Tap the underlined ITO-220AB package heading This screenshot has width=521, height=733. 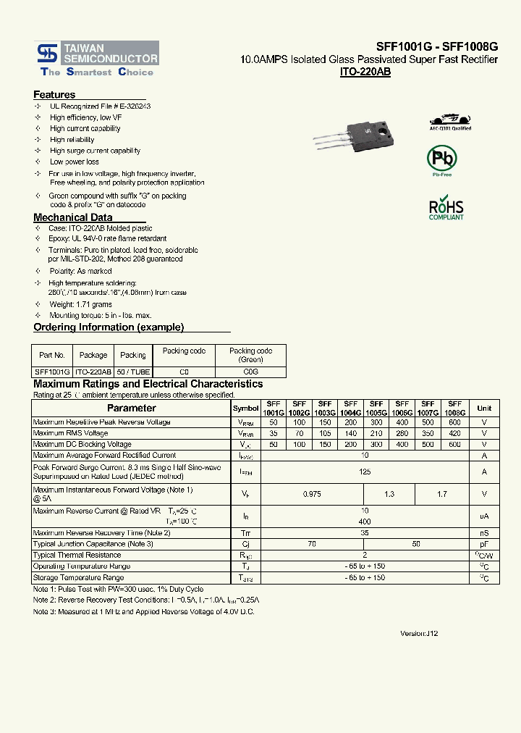click(x=365, y=72)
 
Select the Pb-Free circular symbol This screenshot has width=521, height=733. click(x=441, y=159)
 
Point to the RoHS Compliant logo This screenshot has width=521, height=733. click(x=446, y=208)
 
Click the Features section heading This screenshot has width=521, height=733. click(x=54, y=95)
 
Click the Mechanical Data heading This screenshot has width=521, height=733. click(x=73, y=217)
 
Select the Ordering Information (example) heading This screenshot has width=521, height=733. click(x=109, y=327)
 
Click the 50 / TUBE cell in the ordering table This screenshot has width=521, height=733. click(x=133, y=371)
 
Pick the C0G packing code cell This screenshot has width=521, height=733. click(x=250, y=371)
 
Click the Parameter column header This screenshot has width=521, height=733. click(x=132, y=409)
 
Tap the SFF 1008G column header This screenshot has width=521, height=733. click(x=454, y=408)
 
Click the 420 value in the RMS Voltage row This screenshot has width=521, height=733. click(x=454, y=433)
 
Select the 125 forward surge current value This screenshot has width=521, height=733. click(x=365, y=472)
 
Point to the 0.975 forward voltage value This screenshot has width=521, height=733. click(x=312, y=494)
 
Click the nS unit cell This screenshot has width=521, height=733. click(x=484, y=532)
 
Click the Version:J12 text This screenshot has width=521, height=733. click(x=419, y=633)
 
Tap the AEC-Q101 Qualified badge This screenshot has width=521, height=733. click(x=450, y=122)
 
